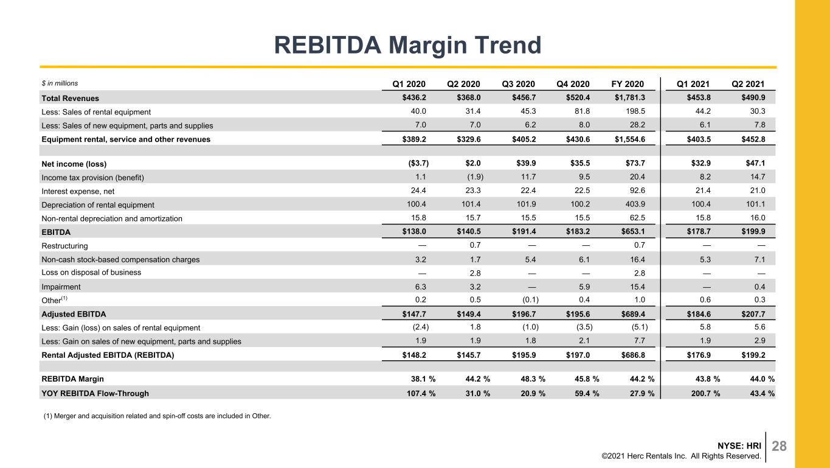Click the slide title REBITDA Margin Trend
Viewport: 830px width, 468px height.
tap(407, 45)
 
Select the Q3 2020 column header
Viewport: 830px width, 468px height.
tap(518, 84)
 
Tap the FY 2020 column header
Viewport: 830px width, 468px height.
tap(628, 84)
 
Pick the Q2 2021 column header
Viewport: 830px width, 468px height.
tap(748, 84)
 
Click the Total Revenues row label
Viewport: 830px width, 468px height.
tap(71, 98)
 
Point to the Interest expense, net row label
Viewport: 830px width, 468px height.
tap(78, 191)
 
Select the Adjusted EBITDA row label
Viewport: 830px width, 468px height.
tap(74, 314)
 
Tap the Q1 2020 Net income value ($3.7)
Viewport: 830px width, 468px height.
tap(418, 163)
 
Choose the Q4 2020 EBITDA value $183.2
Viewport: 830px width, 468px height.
tap(578, 231)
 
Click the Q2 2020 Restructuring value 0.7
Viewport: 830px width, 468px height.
tap(475, 245)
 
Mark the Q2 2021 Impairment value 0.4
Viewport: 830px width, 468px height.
tap(759, 287)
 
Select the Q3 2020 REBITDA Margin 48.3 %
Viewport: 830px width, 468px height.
tap(533, 379)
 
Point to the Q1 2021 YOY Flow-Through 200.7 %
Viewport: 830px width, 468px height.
tap(705, 394)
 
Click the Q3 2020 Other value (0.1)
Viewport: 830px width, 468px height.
tap(530, 299)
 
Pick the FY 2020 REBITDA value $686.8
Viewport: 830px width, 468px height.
tap(633, 355)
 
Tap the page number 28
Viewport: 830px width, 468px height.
tap(780, 446)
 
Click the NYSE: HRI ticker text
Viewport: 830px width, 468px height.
tap(739, 445)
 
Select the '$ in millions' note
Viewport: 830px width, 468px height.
tap(60, 83)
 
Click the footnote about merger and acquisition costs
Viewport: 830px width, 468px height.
tap(157, 416)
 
